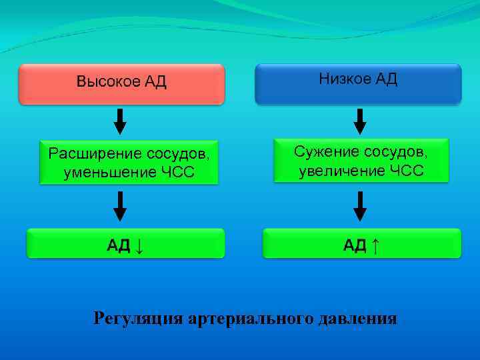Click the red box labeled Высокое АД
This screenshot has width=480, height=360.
[121, 84]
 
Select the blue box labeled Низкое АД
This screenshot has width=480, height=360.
[358, 83]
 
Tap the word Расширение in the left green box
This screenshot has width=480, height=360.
[89, 154]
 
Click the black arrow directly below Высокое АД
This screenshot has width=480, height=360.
[120, 121]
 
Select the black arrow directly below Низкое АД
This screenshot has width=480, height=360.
[359, 121]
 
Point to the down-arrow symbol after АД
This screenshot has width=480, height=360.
[139, 245]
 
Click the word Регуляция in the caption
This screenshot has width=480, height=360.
[137, 318]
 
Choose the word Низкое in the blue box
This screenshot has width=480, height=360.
[345, 79]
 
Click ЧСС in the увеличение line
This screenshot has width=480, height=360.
[406, 171]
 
